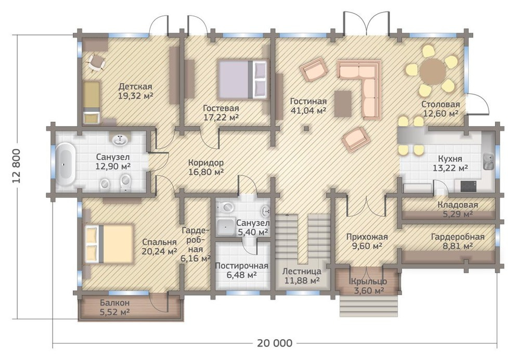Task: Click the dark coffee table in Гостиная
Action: pyautogui.click(x=343, y=104)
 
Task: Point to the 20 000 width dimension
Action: pyautogui.click(x=275, y=343)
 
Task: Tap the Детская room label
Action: pyautogui.click(x=135, y=87)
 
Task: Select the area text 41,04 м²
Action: pyautogui.click(x=308, y=110)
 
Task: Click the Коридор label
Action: pyautogui.click(x=207, y=163)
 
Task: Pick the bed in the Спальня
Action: pyautogui.click(x=109, y=243)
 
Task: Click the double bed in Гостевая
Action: pyautogui.click(x=243, y=79)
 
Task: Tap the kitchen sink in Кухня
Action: pyautogui.click(x=488, y=162)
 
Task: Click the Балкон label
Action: pyautogui.click(x=114, y=302)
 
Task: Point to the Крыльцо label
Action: pyautogui.click(x=369, y=281)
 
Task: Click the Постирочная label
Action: pyautogui.click(x=241, y=265)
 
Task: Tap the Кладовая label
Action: pyautogui.click(x=458, y=205)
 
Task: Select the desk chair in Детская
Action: pyautogui.click(x=96, y=62)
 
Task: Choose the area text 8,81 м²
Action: pyautogui.click(x=458, y=246)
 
